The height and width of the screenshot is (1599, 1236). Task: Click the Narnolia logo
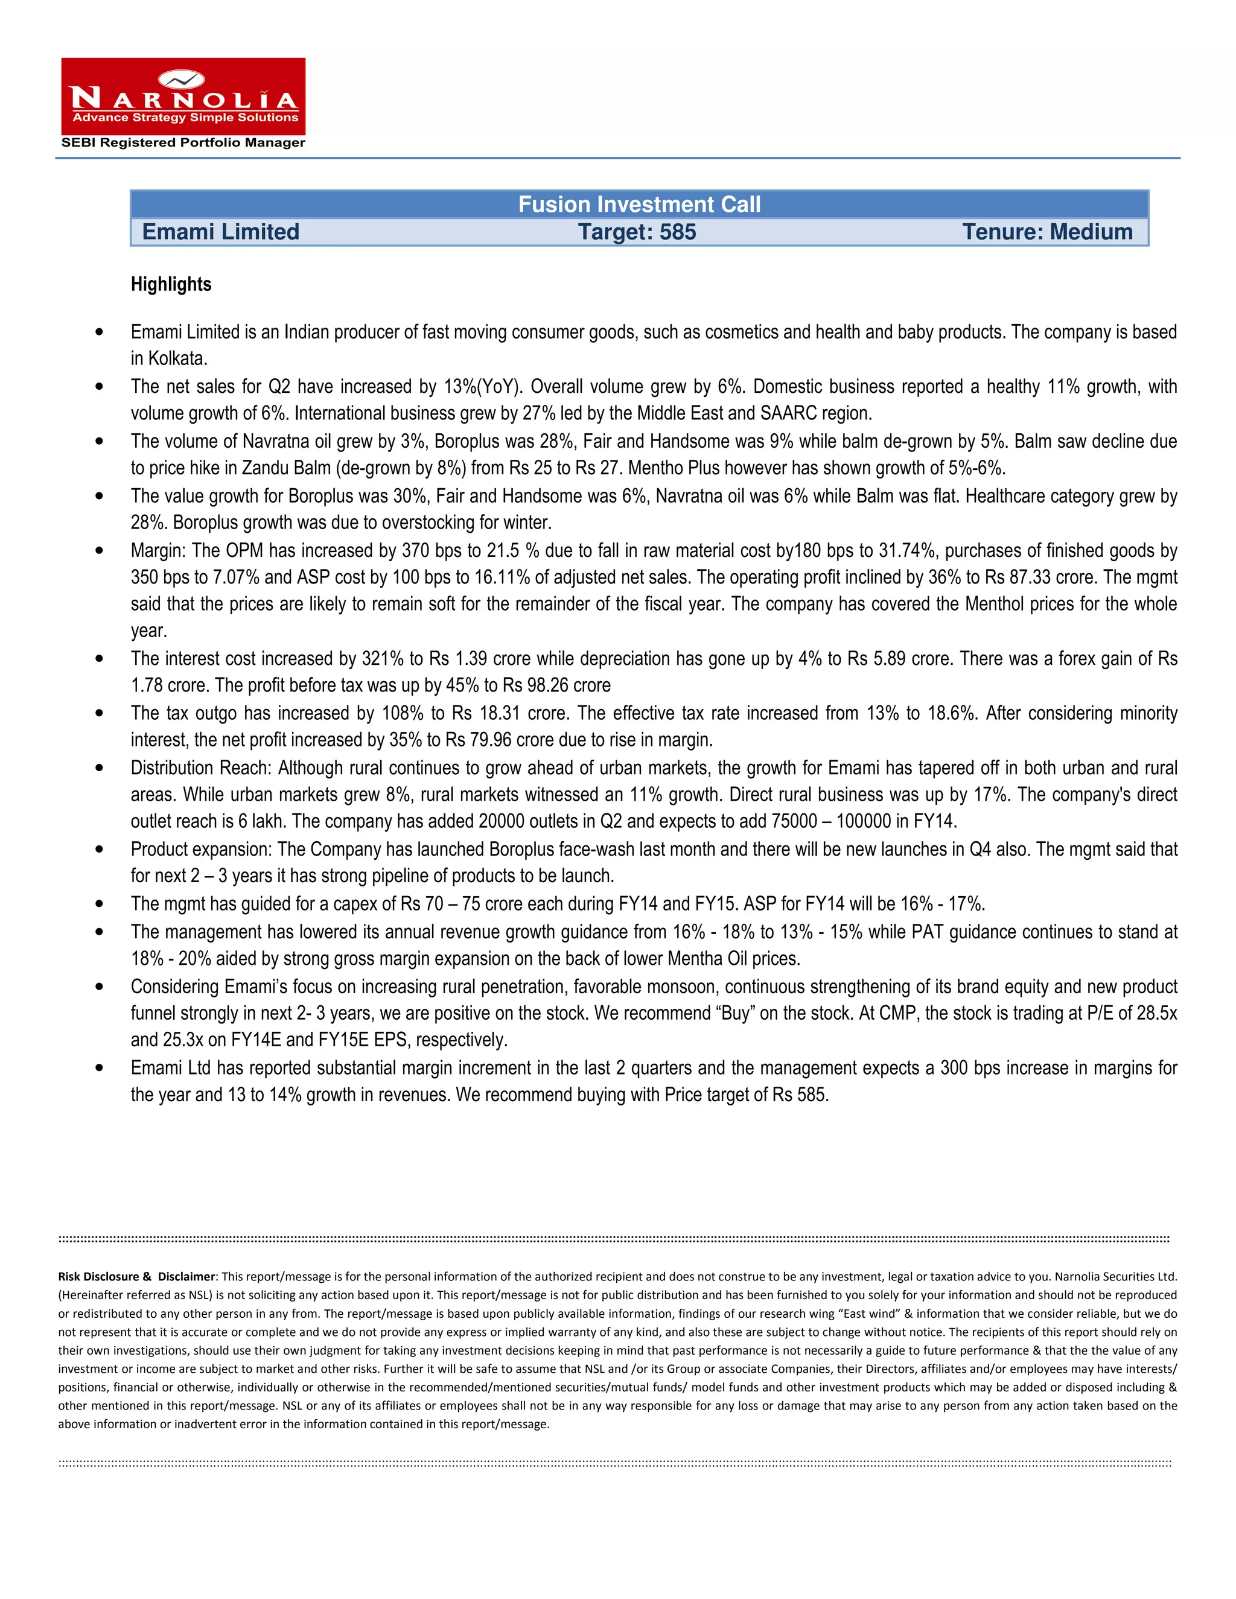coord(183,96)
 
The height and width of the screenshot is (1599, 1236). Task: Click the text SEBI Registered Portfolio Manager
coord(183,143)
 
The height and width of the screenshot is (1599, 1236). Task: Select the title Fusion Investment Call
coord(639,205)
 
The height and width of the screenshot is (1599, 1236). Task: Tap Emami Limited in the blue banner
coord(220,232)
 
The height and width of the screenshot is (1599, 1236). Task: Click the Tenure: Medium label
coord(1046,232)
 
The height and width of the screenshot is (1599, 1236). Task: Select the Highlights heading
coord(171,284)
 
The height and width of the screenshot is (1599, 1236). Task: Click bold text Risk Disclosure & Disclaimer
coord(137,1277)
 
